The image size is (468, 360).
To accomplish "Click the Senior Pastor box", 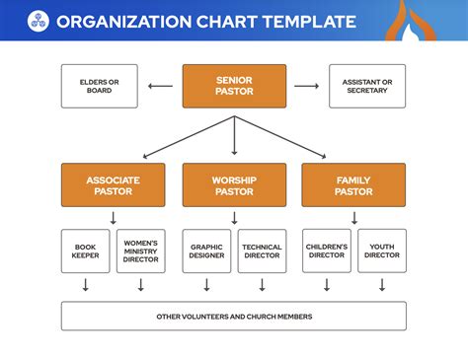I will coord(234,86).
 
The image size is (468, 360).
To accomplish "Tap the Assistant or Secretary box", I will coord(366,86).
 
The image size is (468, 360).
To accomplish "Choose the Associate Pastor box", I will coord(113,185).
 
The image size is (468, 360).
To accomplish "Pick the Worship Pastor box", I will coord(234,185).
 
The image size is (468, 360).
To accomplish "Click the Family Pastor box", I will coord(353,185).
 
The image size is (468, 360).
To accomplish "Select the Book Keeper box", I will coord(86,252).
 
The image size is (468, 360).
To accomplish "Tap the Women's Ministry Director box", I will coord(140,252).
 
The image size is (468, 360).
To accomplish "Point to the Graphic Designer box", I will coord(207,252).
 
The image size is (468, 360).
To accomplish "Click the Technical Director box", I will coord(262,252).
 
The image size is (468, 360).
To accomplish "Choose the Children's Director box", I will coord(327,252).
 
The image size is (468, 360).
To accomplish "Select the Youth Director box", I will coord(381,252).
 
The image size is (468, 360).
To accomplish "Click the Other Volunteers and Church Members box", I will coord(234,316).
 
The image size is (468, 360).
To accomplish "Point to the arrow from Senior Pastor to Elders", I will coord(160,86).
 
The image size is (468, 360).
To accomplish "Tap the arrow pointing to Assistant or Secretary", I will coord(307,86).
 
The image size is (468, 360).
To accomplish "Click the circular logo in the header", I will coord(38,20).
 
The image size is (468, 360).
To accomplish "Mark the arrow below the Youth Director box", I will coord(381,285).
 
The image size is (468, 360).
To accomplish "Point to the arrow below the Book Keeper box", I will coord(86,285).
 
